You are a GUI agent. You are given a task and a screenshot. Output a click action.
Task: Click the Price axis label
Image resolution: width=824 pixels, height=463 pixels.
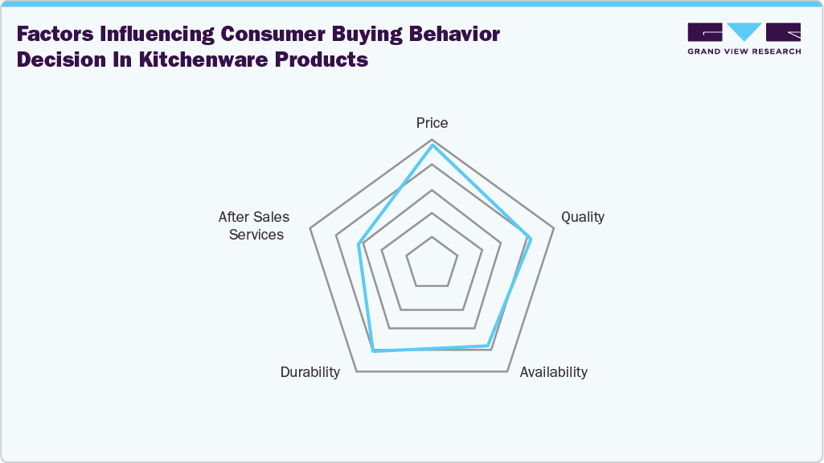(x=432, y=123)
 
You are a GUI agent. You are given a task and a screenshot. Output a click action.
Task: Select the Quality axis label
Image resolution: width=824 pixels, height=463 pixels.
(x=582, y=217)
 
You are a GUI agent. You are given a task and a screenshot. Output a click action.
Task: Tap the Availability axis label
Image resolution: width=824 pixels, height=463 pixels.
(x=553, y=372)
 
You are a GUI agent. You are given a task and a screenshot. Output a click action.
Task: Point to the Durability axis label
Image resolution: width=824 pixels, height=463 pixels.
(x=310, y=372)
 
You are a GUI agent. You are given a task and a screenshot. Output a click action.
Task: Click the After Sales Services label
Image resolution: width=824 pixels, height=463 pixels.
(x=254, y=226)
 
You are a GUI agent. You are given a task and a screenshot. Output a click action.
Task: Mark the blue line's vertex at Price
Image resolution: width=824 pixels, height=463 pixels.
(x=432, y=145)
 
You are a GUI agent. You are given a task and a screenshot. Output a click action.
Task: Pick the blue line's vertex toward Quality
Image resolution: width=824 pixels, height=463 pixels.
(x=531, y=238)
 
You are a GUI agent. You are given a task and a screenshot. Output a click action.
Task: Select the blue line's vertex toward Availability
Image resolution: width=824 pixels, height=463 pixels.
(x=487, y=346)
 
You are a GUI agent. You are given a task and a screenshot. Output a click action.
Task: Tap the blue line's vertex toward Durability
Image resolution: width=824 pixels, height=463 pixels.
(x=373, y=350)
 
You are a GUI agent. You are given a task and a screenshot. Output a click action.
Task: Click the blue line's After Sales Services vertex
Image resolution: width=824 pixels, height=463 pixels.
(x=359, y=244)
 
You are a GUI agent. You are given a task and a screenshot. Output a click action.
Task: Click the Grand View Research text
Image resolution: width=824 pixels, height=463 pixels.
(x=744, y=51)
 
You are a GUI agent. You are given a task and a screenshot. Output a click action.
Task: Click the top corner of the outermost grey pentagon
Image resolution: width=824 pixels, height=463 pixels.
(x=432, y=140)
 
